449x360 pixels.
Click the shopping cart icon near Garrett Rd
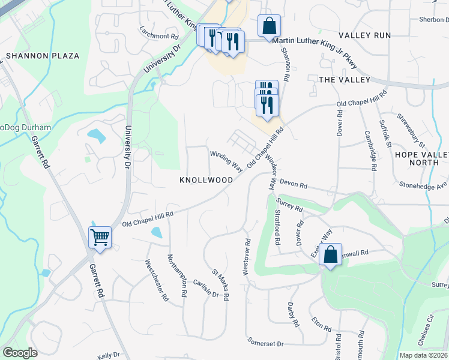pyautogui.click(x=100, y=237)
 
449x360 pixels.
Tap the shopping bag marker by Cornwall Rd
pyautogui.click(x=331, y=254)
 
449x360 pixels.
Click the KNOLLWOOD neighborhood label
pyautogui.click(x=206, y=180)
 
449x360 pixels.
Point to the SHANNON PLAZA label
pyautogui.click(x=43, y=56)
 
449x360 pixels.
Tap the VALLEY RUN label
pyautogui.click(x=364, y=35)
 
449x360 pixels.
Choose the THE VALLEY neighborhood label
pyautogui.click(x=345, y=80)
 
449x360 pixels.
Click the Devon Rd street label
pyautogui.click(x=293, y=185)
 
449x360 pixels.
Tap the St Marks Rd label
pyautogui.click(x=221, y=285)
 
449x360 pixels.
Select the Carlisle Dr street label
pyautogui.click(x=206, y=288)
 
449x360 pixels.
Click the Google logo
pyautogui.click(x=20, y=353)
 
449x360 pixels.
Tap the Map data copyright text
pyautogui.click(x=423, y=355)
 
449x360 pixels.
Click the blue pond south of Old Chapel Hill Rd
pyautogui.click(x=157, y=233)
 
